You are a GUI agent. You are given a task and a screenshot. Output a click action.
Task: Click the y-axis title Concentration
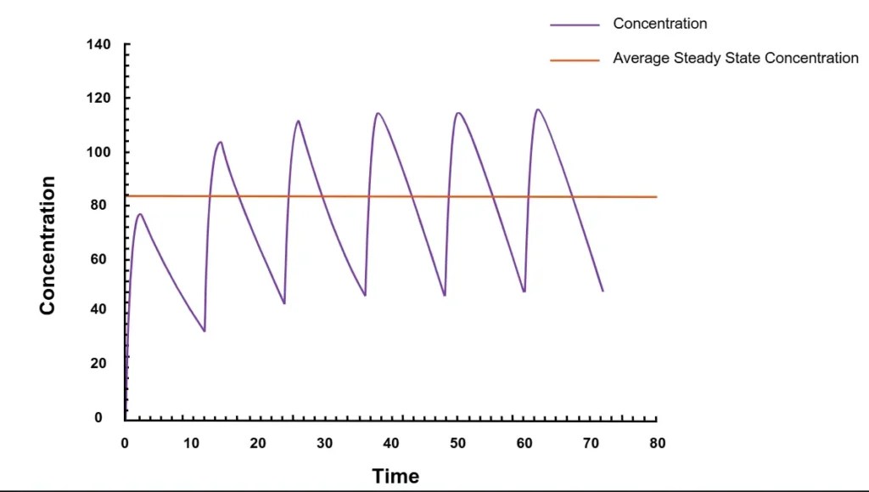click(x=48, y=246)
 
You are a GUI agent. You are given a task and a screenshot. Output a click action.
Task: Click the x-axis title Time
click(x=395, y=476)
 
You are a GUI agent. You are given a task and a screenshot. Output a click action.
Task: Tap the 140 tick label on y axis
click(x=98, y=44)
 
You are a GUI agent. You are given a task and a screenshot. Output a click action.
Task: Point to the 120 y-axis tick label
click(x=98, y=98)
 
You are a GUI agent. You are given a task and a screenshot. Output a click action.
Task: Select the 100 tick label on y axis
click(x=98, y=152)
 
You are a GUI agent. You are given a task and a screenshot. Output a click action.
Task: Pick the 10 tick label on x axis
click(x=192, y=443)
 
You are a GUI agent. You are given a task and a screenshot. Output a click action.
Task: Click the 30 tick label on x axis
click(x=325, y=443)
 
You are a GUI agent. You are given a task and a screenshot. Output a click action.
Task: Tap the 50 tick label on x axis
click(x=458, y=443)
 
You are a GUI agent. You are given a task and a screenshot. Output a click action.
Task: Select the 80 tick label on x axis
click(x=657, y=443)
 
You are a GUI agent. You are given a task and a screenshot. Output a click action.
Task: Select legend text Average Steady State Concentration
click(x=736, y=59)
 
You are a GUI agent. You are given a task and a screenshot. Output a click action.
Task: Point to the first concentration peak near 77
click(x=140, y=214)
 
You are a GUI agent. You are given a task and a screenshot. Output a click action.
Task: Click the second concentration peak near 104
click(x=221, y=142)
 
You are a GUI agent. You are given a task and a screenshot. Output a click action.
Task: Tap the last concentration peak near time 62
click(x=537, y=109)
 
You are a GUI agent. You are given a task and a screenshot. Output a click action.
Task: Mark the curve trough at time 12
click(x=205, y=331)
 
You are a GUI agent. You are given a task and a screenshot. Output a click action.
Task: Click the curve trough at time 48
click(x=445, y=295)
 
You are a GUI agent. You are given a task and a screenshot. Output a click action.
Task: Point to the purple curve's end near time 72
click(x=603, y=291)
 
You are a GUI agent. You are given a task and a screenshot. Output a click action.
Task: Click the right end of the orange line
click(x=656, y=197)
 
